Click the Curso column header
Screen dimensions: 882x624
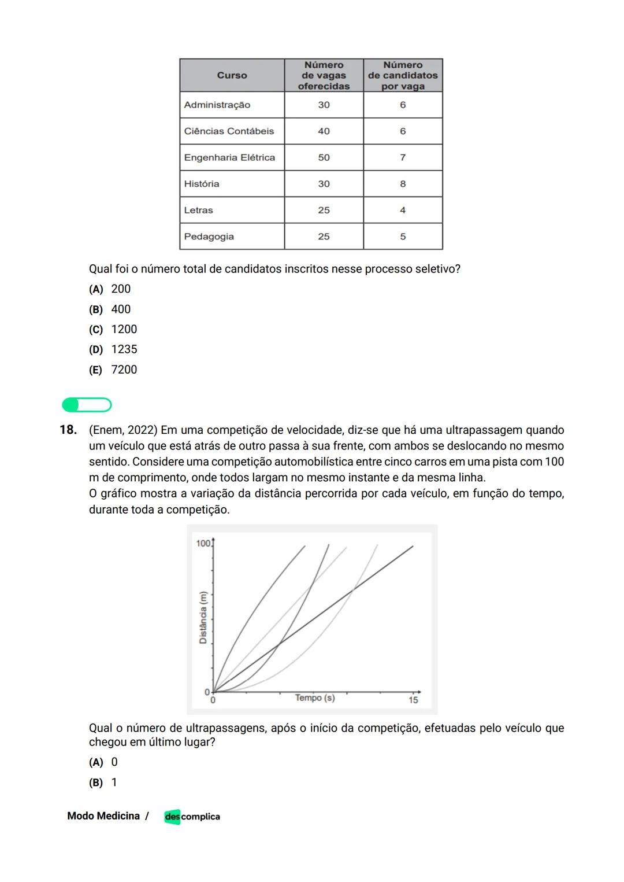pyautogui.click(x=232, y=75)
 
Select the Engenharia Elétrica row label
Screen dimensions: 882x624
pyautogui.click(x=229, y=157)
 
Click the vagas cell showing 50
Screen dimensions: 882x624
pyautogui.click(x=324, y=157)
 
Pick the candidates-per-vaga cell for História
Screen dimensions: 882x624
pyautogui.click(x=403, y=184)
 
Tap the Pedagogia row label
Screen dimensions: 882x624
pyautogui.click(x=209, y=237)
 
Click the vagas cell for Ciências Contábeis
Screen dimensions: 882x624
pyautogui.click(x=324, y=131)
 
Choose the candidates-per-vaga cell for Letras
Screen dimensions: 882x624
pyautogui.click(x=403, y=211)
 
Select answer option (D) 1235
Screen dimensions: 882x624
pyautogui.click(x=113, y=349)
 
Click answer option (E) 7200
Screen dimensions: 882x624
pyautogui.click(x=113, y=370)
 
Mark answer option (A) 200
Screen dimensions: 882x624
pyautogui.click(x=110, y=289)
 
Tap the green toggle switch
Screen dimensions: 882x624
pyautogui.click(x=87, y=405)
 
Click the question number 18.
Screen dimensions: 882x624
pyautogui.click(x=68, y=430)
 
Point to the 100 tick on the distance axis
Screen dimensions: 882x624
pyautogui.click(x=203, y=543)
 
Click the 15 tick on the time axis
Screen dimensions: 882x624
pyautogui.click(x=413, y=700)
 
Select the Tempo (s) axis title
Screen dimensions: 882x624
pyautogui.click(x=314, y=698)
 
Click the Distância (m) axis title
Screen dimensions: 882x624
pyautogui.click(x=203, y=618)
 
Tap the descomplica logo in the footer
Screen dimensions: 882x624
pyautogui.click(x=192, y=817)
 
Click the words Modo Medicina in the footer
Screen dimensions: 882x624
pyautogui.click(x=103, y=816)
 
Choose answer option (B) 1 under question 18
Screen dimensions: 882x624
pyautogui.click(x=103, y=783)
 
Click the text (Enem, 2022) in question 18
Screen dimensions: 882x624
pyautogui.click(x=123, y=430)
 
